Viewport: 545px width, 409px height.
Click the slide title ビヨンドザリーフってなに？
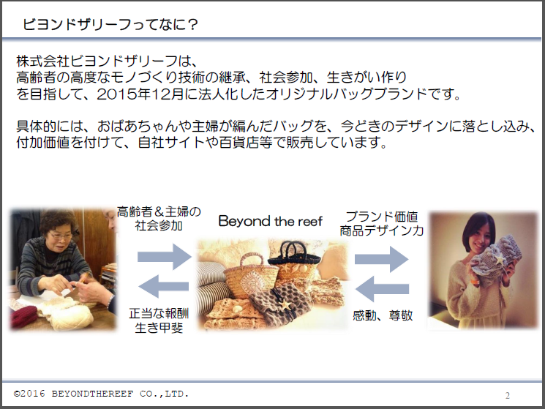pos(110,24)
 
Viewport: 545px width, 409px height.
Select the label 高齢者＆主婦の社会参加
pos(158,219)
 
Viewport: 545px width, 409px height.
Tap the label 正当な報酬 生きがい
pos(158,320)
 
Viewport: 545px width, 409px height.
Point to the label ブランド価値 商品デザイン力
pos(381,223)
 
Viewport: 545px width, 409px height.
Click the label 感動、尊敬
pos(382,316)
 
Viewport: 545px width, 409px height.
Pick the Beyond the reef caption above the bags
pos(271,222)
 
